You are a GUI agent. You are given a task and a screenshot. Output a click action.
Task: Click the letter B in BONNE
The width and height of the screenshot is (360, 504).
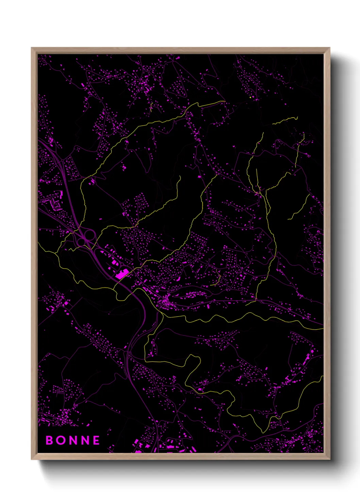[50, 440]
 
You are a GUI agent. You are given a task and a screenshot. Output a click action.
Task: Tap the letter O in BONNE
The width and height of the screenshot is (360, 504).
[61, 440]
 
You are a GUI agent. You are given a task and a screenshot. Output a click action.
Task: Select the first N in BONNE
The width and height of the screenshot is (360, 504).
[73, 440]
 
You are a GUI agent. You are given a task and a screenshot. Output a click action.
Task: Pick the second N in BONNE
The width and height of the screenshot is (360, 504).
[85, 440]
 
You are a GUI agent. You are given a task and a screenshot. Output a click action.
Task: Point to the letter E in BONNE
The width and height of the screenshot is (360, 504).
[96, 440]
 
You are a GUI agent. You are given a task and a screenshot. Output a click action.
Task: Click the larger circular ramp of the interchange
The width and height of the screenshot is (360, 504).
[89, 234]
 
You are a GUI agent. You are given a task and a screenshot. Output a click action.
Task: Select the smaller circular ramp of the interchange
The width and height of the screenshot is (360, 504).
[81, 241]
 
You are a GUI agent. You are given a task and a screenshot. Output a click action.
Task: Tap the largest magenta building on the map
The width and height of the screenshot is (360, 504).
[122, 274]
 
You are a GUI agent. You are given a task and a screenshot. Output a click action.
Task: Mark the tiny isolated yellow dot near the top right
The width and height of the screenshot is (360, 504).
[250, 97]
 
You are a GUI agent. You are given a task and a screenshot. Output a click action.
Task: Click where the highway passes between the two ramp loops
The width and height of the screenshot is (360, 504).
[85, 238]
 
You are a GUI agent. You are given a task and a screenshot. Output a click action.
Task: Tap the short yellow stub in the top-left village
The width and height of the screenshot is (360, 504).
[151, 107]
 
